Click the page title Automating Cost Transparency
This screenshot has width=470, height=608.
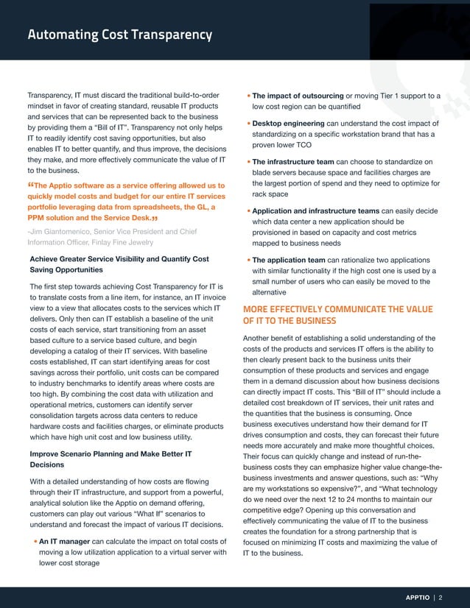119,35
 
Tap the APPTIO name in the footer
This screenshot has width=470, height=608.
420,597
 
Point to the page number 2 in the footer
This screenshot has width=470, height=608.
441,597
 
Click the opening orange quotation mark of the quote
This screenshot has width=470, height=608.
30,185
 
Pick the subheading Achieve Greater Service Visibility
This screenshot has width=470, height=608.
119,259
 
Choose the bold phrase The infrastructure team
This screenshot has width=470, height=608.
297,162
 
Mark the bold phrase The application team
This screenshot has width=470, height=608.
292,260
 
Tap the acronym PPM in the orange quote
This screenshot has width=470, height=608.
38,219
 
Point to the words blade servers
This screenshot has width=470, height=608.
277,173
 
